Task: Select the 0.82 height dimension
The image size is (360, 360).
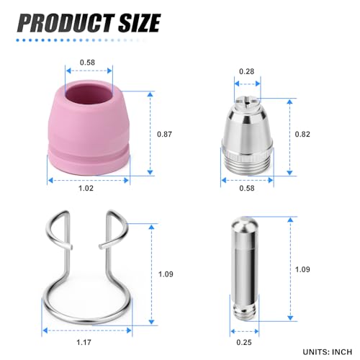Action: tap(304, 134)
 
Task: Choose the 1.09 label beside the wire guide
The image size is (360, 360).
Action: tap(166, 273)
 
